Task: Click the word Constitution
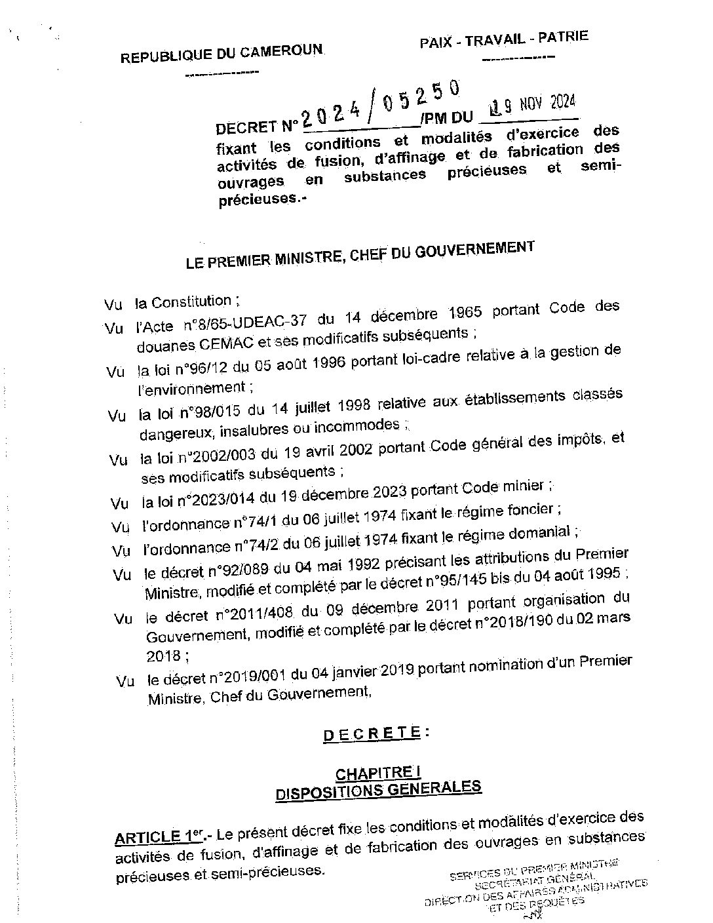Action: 191,302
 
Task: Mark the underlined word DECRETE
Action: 371,734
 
